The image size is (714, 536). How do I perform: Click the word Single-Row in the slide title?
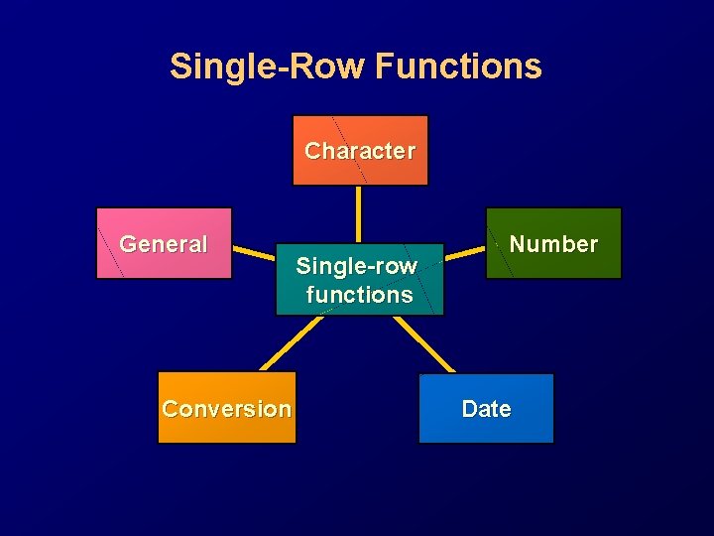pyautogui.click(x=268, y=67)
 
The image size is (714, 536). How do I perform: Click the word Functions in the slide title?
pyautogui.click(x=459, y=67)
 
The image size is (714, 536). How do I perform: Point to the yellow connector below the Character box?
pyautogui.click(x=359, y=213)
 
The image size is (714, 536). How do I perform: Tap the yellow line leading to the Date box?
pyautogui.click(x=424, y=343)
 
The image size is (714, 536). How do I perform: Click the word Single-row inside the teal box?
pyautogui.click(x=357, y=266)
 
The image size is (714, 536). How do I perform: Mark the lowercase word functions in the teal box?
pyautogui.click(x=359, y=295)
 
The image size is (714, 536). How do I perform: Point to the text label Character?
pyautogui.click(x=359, y=151)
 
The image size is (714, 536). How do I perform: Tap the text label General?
pyautogui.click(x=164, y=244)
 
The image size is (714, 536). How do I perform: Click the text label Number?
pyautogui.click(x=553, y=244)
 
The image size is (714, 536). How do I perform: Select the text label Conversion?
pyautogui.click(x=226, y=409)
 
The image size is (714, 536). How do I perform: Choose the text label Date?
pyautogui.click(x=486, y=409)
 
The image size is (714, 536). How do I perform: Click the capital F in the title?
pyautogui.click(x=387, y=67)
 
